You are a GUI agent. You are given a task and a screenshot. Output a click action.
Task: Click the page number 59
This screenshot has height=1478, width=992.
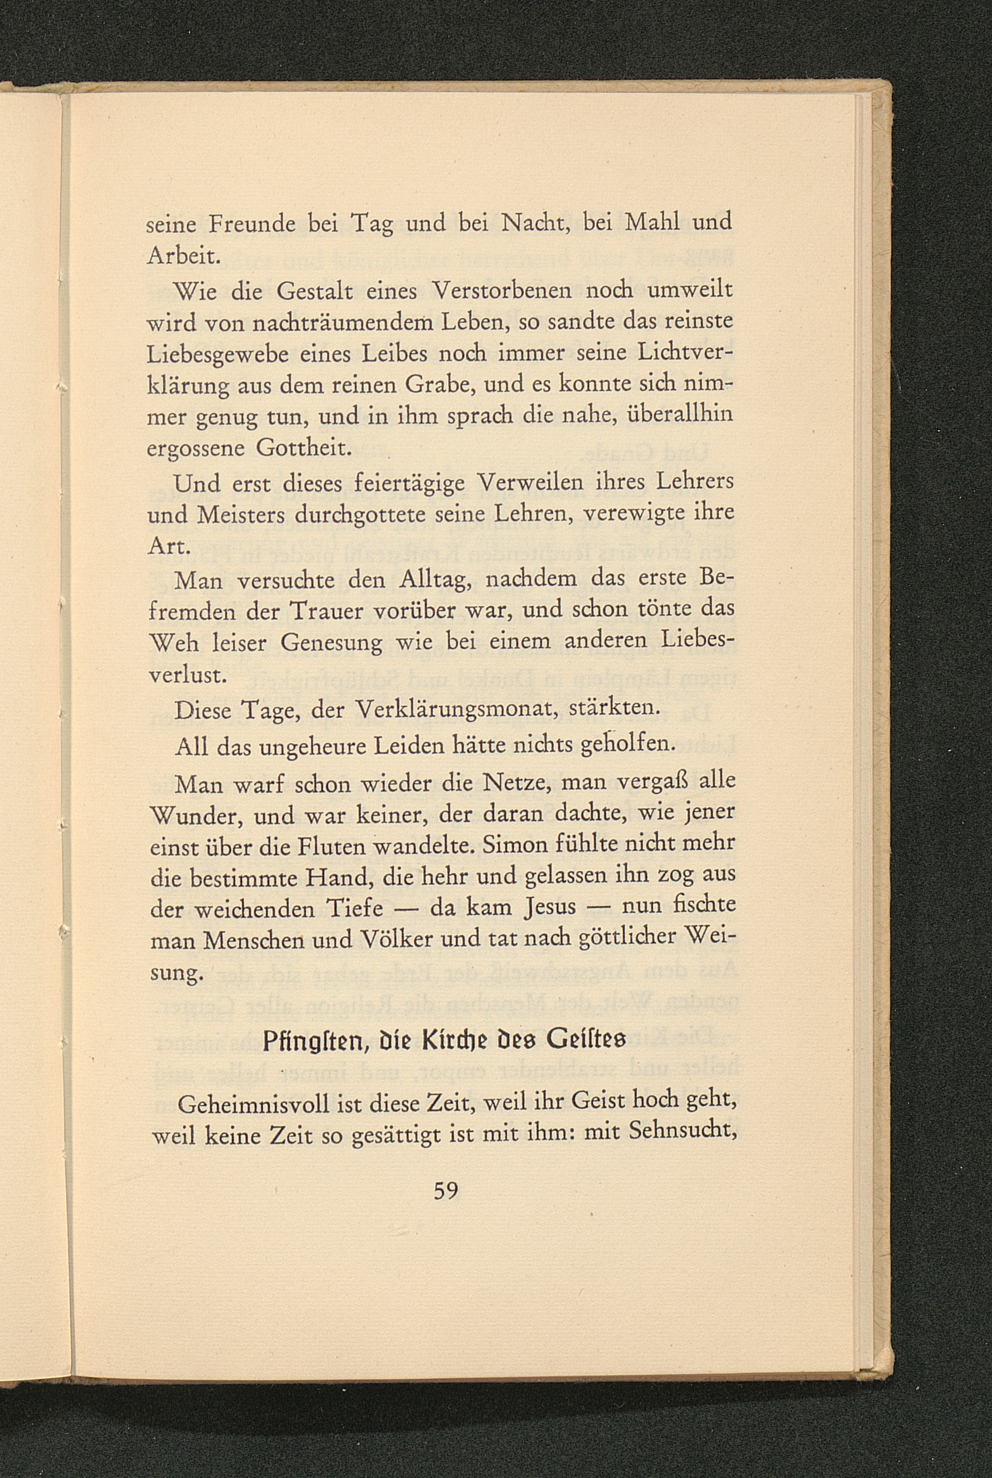pos(445,1191)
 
